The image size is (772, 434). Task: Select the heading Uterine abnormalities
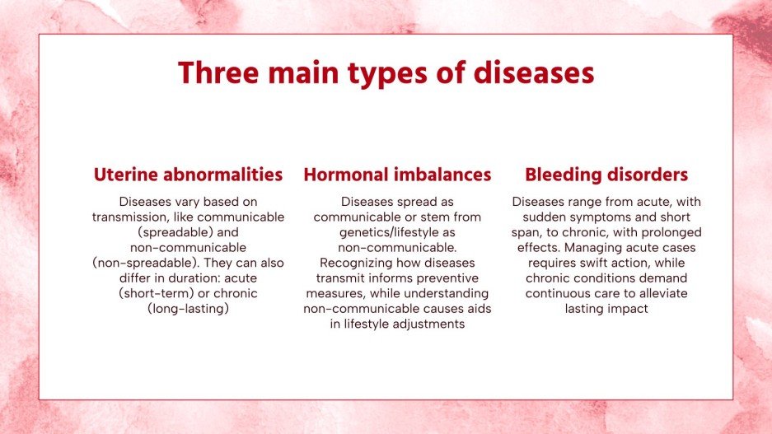point(188,175)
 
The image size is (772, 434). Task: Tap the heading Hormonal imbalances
point(397,175)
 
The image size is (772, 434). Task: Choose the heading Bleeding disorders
point(606,175)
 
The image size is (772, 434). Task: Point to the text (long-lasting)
point(188,309)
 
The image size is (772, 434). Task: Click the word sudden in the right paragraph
point(531,217)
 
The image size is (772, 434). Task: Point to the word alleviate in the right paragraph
point(659,293)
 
